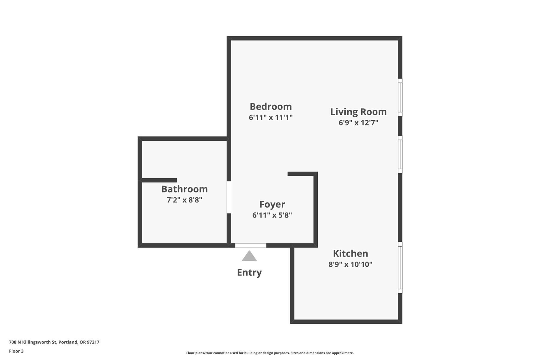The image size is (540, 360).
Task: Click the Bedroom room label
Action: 271,106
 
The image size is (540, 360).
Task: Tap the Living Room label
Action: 358,112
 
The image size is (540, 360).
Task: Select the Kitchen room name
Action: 350,253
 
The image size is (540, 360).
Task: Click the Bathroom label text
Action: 184,189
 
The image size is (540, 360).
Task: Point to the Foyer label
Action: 272,204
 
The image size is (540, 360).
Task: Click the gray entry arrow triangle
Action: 249,256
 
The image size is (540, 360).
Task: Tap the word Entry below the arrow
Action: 249,272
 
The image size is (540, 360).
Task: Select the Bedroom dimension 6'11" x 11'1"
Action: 271,117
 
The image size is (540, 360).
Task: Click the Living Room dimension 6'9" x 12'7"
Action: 358,123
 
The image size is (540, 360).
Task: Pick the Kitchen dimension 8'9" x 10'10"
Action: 350,264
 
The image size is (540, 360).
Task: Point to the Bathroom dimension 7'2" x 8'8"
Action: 184,200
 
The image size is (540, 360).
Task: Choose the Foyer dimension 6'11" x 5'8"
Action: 272,215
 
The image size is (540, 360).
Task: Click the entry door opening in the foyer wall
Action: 250,245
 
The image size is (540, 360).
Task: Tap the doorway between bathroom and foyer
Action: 229,197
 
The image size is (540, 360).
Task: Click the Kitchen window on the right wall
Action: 400,268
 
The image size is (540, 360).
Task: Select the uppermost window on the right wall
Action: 400,97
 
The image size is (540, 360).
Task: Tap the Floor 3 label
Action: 16,351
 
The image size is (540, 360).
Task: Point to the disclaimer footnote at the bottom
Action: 270,353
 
